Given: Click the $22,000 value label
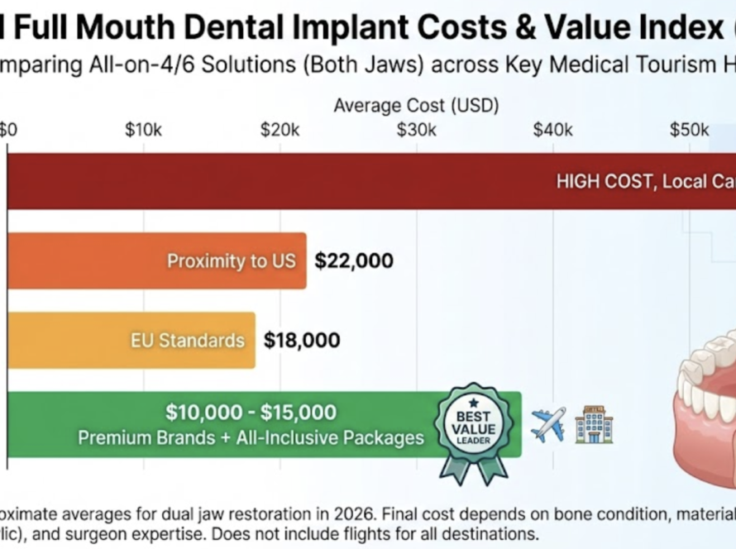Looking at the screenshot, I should point(354,261).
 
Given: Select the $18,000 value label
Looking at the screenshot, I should point(302,340).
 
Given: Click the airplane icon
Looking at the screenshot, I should point(547,424).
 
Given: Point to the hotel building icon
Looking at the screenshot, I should point(593,424).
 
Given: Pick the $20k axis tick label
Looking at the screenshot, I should point(280,130).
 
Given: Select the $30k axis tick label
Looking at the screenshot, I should point(416,130).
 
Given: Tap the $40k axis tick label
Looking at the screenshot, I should point(552,130).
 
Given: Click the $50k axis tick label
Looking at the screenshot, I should point(689,130).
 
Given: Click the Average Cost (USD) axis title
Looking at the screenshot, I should point(416,105).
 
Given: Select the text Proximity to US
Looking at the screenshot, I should point(231,261).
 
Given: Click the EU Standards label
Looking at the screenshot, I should point(188,340).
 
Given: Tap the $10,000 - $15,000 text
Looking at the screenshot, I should point(251,412).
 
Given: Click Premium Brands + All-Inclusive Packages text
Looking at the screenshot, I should point(251,437).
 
